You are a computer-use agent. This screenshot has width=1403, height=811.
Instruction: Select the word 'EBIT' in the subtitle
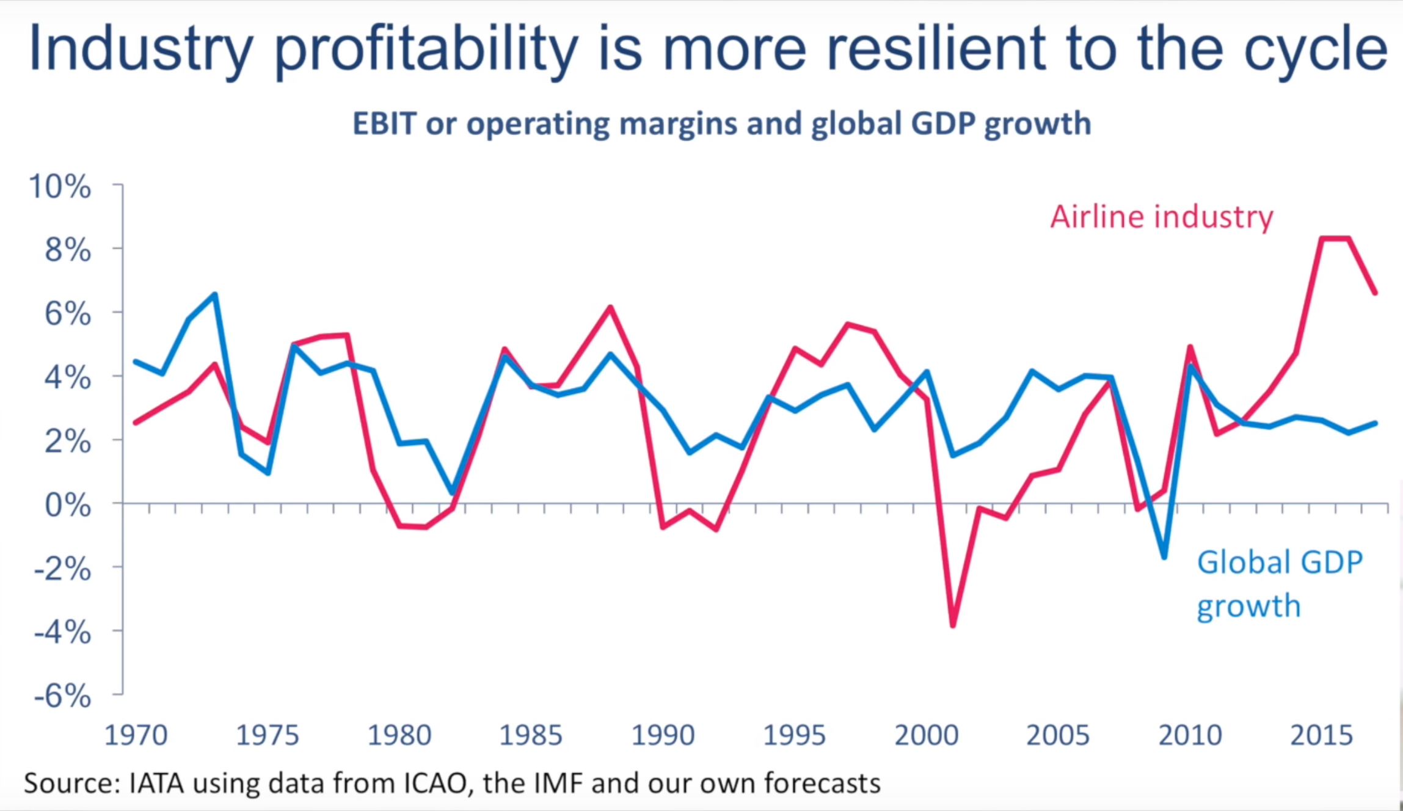coord(384,124)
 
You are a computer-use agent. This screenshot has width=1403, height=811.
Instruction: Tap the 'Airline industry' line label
coord(1161,217)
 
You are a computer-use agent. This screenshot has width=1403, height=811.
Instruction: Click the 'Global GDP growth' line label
coord(1279,583)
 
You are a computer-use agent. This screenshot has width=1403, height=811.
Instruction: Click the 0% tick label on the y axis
coord(68,505)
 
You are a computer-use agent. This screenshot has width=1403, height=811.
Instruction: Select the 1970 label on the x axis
coord(136,735)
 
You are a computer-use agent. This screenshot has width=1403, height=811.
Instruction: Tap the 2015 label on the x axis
coord(1321,735)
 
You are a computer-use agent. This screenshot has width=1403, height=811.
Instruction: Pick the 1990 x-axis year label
coord(663,735)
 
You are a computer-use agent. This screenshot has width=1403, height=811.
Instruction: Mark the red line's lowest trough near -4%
coord(953,625)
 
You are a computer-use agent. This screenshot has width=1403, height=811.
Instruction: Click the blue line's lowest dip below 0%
coord(1164,556)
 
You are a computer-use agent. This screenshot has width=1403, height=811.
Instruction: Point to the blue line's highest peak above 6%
coord(215,295)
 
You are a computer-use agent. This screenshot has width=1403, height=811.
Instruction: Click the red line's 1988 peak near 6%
coord(610,307)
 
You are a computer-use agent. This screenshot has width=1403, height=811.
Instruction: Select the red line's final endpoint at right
coord(1375,293)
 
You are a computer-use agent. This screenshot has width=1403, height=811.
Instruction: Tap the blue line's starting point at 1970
coord(136,362)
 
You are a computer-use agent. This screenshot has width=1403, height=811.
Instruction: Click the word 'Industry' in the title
coord(141,49)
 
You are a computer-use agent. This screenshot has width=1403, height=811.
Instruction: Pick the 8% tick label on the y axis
coord(68,250)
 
